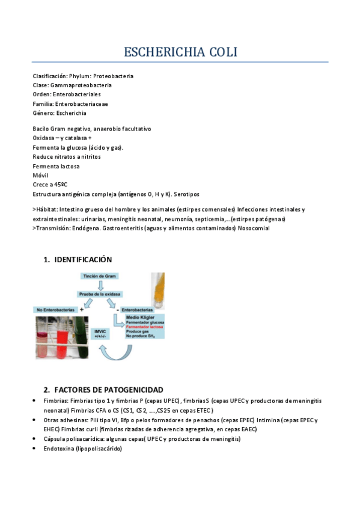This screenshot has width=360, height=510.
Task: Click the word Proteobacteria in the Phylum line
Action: point(113,76)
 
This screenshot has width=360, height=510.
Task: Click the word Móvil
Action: point(41,176)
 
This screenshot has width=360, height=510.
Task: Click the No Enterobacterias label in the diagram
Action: point(53,309)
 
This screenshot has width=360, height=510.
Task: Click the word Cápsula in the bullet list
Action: point(54,439)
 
